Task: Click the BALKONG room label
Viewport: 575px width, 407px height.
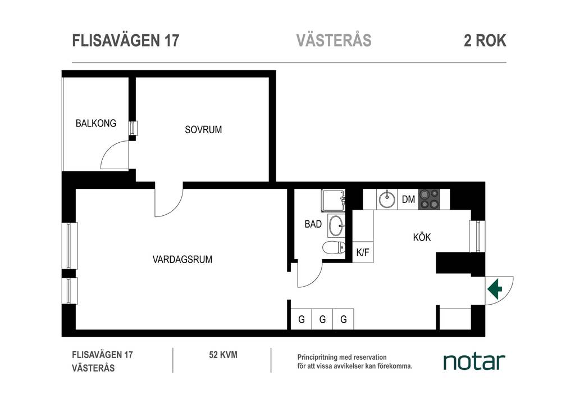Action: (95, 123)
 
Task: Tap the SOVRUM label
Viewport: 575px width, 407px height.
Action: (203, 129)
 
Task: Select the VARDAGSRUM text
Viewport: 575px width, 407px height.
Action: (182, 260)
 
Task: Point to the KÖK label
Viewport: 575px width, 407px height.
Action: (422, 237)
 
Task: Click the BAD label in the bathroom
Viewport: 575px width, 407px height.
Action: (313, 224)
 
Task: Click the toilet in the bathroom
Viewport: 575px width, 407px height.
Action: (334, 248)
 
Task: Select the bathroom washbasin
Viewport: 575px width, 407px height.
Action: (336, 225)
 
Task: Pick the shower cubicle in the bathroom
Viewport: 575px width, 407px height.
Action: (334, 200)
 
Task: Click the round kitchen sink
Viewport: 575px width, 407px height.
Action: (386, 199)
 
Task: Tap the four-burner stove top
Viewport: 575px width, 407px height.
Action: (429, 199)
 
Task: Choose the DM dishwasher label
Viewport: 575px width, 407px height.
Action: (408, 199)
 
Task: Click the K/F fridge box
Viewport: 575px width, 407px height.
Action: (363, 252)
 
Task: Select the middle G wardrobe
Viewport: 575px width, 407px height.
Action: (322, 319)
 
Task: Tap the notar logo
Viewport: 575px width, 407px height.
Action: (474, 361)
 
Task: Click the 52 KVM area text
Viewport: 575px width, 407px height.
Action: (223, 355)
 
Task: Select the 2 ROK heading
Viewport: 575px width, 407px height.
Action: (485, 40)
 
